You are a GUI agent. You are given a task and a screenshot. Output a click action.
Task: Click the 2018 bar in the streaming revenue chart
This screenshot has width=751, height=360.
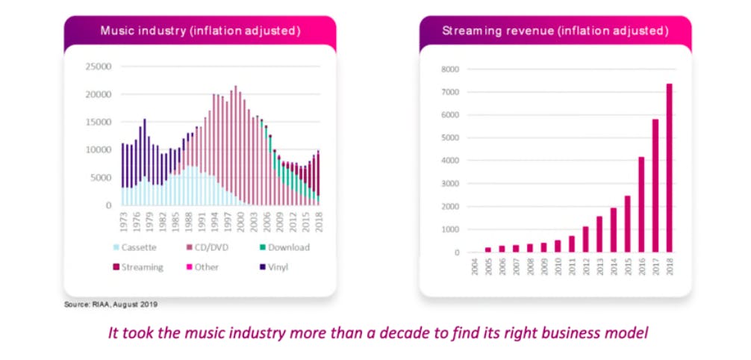670,168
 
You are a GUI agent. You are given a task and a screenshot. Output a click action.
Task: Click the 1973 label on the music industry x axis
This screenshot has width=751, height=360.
122,220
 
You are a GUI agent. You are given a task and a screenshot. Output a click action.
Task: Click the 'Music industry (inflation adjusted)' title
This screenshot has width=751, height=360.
200,31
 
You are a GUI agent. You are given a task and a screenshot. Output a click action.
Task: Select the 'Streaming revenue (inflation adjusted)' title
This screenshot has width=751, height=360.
555,31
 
